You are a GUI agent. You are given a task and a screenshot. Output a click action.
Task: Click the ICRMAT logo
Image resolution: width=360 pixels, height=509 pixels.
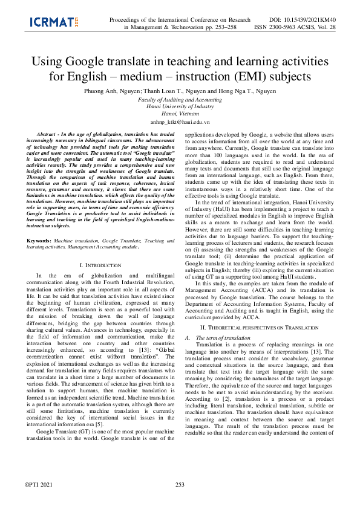[x=54, y=23]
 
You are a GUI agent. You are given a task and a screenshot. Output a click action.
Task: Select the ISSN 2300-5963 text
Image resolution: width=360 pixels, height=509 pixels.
[x=279, y=27]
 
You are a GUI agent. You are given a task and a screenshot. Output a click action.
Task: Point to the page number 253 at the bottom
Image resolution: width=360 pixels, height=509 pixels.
[x=180, y=501]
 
